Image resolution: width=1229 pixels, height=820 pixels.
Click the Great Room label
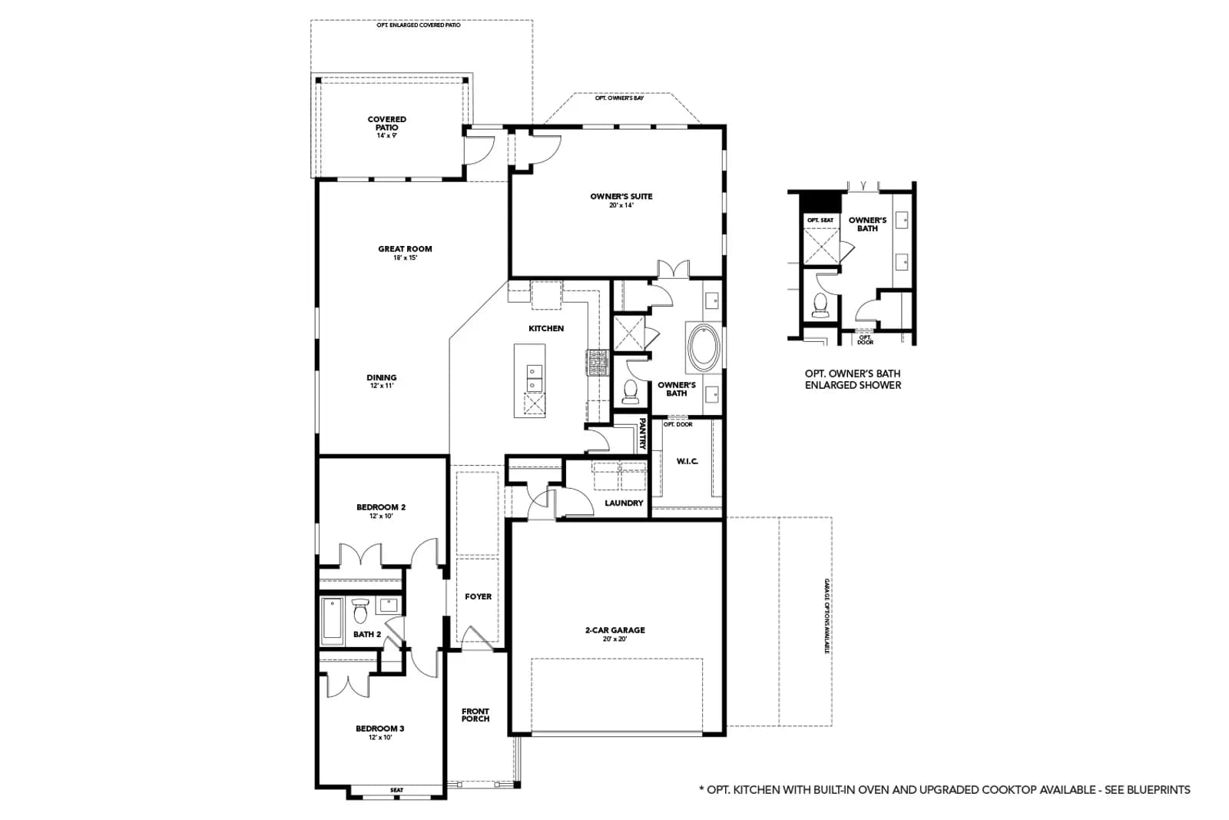[x=405, y=249]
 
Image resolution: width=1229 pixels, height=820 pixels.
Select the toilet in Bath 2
[x=360, y=609]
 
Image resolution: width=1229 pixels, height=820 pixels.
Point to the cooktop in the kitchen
[x=598, y=363]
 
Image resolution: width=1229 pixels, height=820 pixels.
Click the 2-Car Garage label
[x=615, y=630]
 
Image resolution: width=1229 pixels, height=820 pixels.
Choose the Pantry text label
[x=642, y=433]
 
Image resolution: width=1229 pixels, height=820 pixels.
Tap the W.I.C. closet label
[x=687, y=461]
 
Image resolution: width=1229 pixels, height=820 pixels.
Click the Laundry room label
[x=624, y=503]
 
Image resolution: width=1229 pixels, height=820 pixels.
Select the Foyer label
[x=478, y=596]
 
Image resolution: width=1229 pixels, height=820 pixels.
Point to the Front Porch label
[x=475, y=715]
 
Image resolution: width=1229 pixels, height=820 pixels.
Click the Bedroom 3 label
[x=379, y=729]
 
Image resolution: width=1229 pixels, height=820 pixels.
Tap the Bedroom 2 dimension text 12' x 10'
[x=381, y=516]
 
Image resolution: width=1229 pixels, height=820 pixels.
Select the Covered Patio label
[x=387, y=123]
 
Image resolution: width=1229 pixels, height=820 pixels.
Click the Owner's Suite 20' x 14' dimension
[x=621, y=205]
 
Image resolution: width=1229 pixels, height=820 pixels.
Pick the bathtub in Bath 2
[x=332, y=621]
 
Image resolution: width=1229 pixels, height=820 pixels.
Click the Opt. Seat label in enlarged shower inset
[x=820, y=220]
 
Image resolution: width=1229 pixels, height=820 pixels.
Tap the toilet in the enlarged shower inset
[x=820, y=306]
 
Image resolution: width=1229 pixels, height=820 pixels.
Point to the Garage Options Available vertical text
[x=827, y=616]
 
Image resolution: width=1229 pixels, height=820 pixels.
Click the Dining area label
[x=381, y=377]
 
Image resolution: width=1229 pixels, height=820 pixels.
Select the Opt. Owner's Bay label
[x=619, y=98]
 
